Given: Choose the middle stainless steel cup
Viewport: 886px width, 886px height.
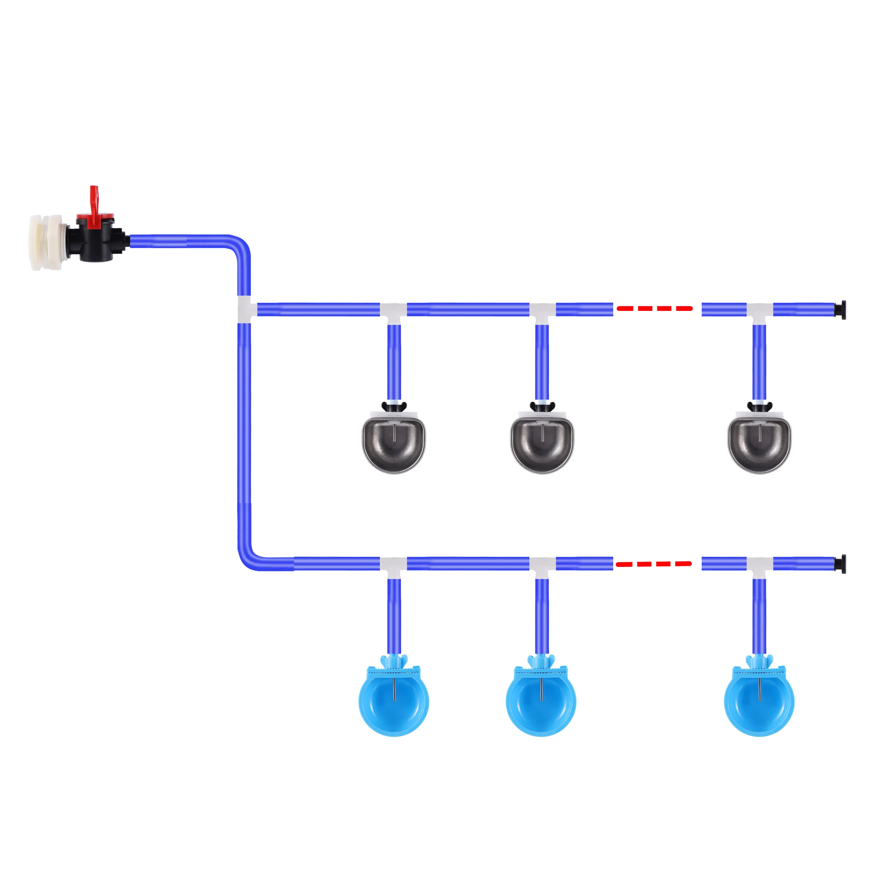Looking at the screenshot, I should tap(542, 442).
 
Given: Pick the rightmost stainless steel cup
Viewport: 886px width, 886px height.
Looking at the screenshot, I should tap(759, 442).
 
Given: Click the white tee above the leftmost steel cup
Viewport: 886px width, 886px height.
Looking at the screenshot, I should tap(393, 312).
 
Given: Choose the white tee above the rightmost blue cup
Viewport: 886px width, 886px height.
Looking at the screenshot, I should tap(759, 566).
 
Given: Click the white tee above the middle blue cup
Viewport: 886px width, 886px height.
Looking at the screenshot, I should tap(542, 566).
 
